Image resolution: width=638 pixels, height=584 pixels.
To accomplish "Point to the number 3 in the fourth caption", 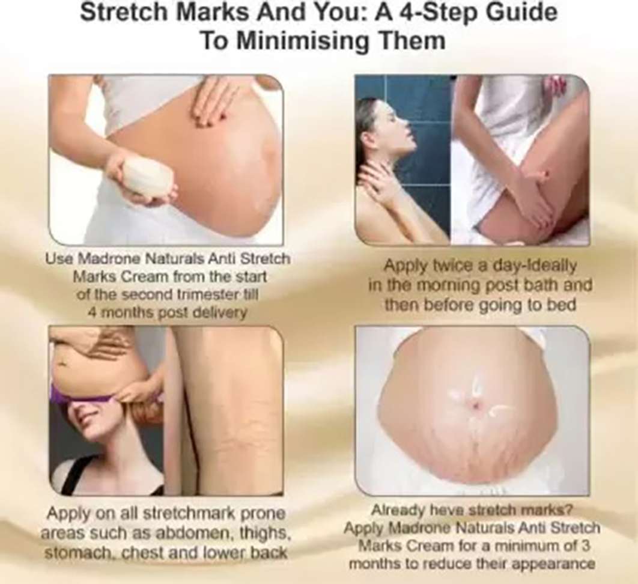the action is [x=585, y=546].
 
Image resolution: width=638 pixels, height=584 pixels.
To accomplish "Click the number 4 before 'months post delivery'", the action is [x=91, y=313].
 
